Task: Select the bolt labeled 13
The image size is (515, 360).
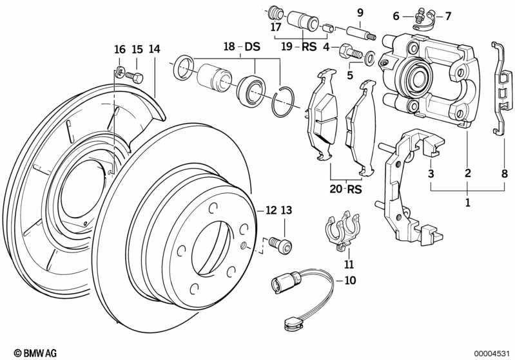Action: [x=282, y=245]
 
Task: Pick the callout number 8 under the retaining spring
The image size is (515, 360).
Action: [x=503, y=173]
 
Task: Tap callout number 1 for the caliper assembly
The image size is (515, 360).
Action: [x=467, y=202]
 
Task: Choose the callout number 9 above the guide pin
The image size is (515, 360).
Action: [x=360, y=13]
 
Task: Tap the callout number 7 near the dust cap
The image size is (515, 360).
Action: [x=449, y=15]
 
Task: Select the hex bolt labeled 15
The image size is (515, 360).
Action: [x=136, y=77]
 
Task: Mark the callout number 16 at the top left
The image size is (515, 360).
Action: [x=120, y=50]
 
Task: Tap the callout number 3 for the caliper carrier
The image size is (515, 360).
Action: [x=431, y=173]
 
